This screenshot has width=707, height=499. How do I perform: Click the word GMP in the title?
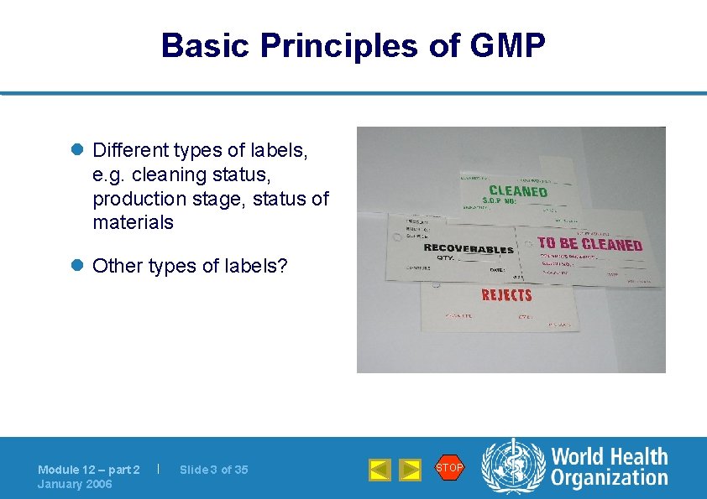tap(509, 45)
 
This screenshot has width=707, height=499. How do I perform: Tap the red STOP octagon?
tap(449, 468)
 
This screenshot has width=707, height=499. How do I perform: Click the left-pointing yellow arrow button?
tap(380, 470)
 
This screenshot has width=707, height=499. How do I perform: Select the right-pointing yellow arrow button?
tap(410, 470)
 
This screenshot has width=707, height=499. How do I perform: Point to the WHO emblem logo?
tap(512, 468)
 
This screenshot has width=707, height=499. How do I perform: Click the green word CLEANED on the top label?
tap(517, 191)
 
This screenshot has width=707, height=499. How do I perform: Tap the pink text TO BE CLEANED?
tap(589, 245)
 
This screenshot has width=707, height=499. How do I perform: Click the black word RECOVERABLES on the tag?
tap(469, 248)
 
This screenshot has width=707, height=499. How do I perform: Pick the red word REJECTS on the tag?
tap(506, 294)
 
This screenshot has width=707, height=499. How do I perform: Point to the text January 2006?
tap(75, 484)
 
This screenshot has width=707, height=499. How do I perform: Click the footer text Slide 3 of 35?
tap(213, 470)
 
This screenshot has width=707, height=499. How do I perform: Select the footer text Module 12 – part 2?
tap(89, 470)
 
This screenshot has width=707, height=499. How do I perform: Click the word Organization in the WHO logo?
tap(610, 479)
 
